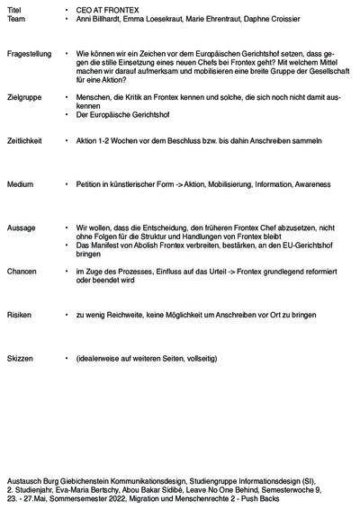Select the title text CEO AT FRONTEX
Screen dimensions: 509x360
103,8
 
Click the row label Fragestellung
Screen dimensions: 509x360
29,55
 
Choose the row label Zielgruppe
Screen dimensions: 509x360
24,96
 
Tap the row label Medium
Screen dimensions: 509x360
20,183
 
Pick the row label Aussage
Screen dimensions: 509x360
22,228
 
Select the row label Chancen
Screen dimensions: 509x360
22,271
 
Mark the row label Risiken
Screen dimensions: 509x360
20,317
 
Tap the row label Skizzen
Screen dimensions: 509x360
21,358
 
